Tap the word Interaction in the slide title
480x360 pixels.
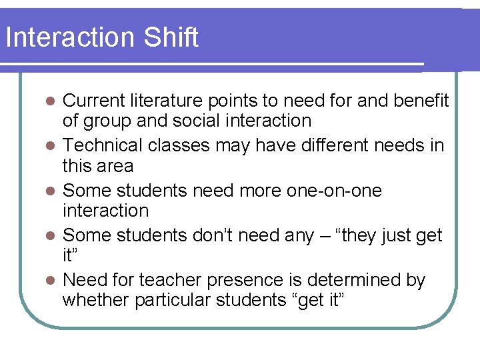[67, 37]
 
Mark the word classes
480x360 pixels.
[178, 145]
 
